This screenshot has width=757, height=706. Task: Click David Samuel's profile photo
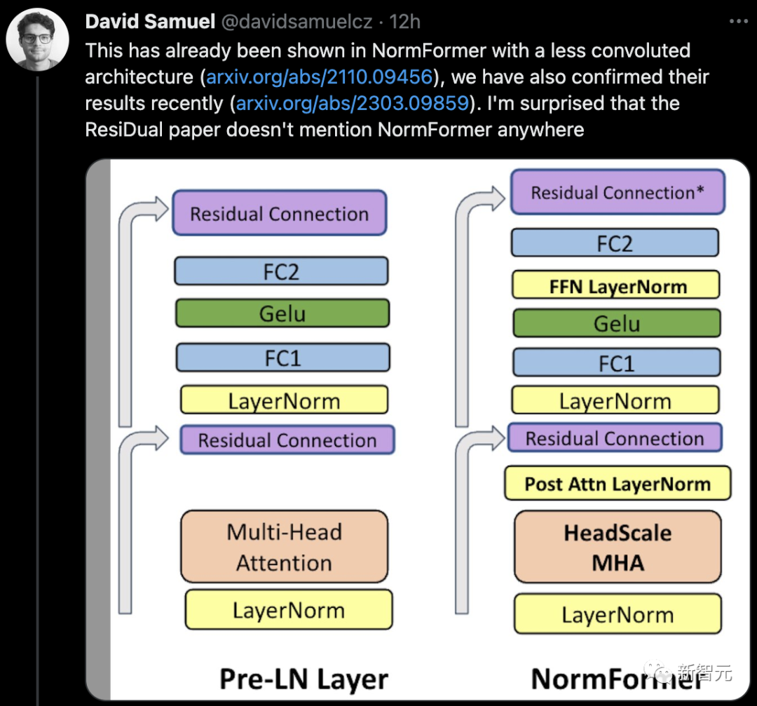pyautogui.click(x=37, y=39)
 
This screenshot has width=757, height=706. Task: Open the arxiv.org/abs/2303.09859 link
pyautogui.click(x=352, y=103)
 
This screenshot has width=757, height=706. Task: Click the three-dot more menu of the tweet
pyautogui.click(x=739, y=21)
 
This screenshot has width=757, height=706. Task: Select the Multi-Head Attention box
pyautogui.click(x=284, y=547)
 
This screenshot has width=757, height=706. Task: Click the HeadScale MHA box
pyautogui.click(x=618, y=548)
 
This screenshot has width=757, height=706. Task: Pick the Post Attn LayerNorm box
pyautogui.click(x=618, y=484)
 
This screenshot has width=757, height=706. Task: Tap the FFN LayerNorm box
pyautogui.click(x=616, y=285)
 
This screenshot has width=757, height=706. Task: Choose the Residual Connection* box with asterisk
pyautogui.click(x=618, y=193)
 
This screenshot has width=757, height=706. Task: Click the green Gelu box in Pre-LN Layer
pyautogui.click(x=282, y=313)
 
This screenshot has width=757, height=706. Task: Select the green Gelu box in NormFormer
pyautogui.click(x=617, y=324)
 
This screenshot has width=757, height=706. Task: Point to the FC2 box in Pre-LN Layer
pyautogui.click(x=281, y=271)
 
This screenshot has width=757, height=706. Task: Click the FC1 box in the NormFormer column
pyautogui.click(x=616, y=363)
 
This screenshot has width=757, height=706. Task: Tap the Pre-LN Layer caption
pyautogui.click(x=304, y=679)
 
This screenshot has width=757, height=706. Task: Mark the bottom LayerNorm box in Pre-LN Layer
pyautogui.click(x=288, y=610)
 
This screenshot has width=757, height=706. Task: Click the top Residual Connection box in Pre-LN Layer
pyautogui.click(x=279, y=213)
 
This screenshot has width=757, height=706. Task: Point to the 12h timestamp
pyautogui.click(x=404, y=22)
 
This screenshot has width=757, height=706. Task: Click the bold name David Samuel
pyautogui.click(x=150, y=22)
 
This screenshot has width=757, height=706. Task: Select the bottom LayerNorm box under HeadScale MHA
pyautogui.click(x=618, y=615)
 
